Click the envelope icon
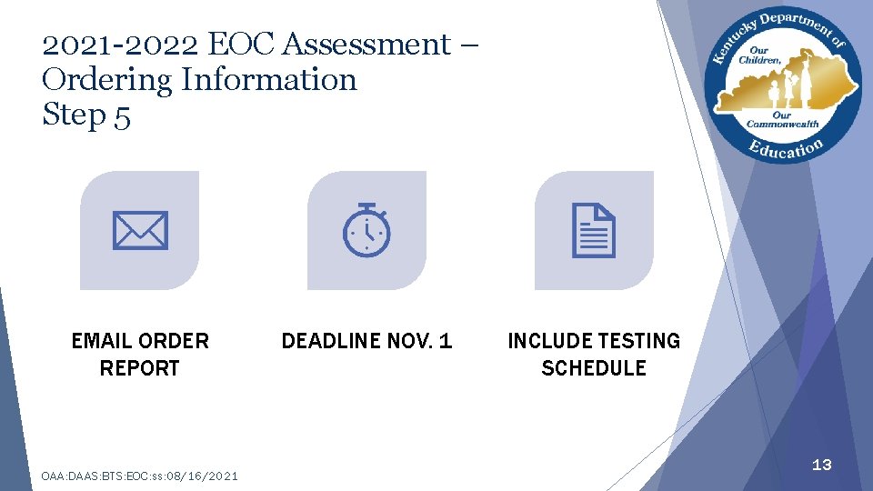[140, 230]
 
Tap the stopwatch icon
[366, 229]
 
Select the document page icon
[594, 230]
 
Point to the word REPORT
[139, 368]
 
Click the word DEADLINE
[331, 341]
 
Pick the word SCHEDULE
[594, 368]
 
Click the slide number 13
[821, 465]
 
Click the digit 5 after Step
[123, 116]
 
